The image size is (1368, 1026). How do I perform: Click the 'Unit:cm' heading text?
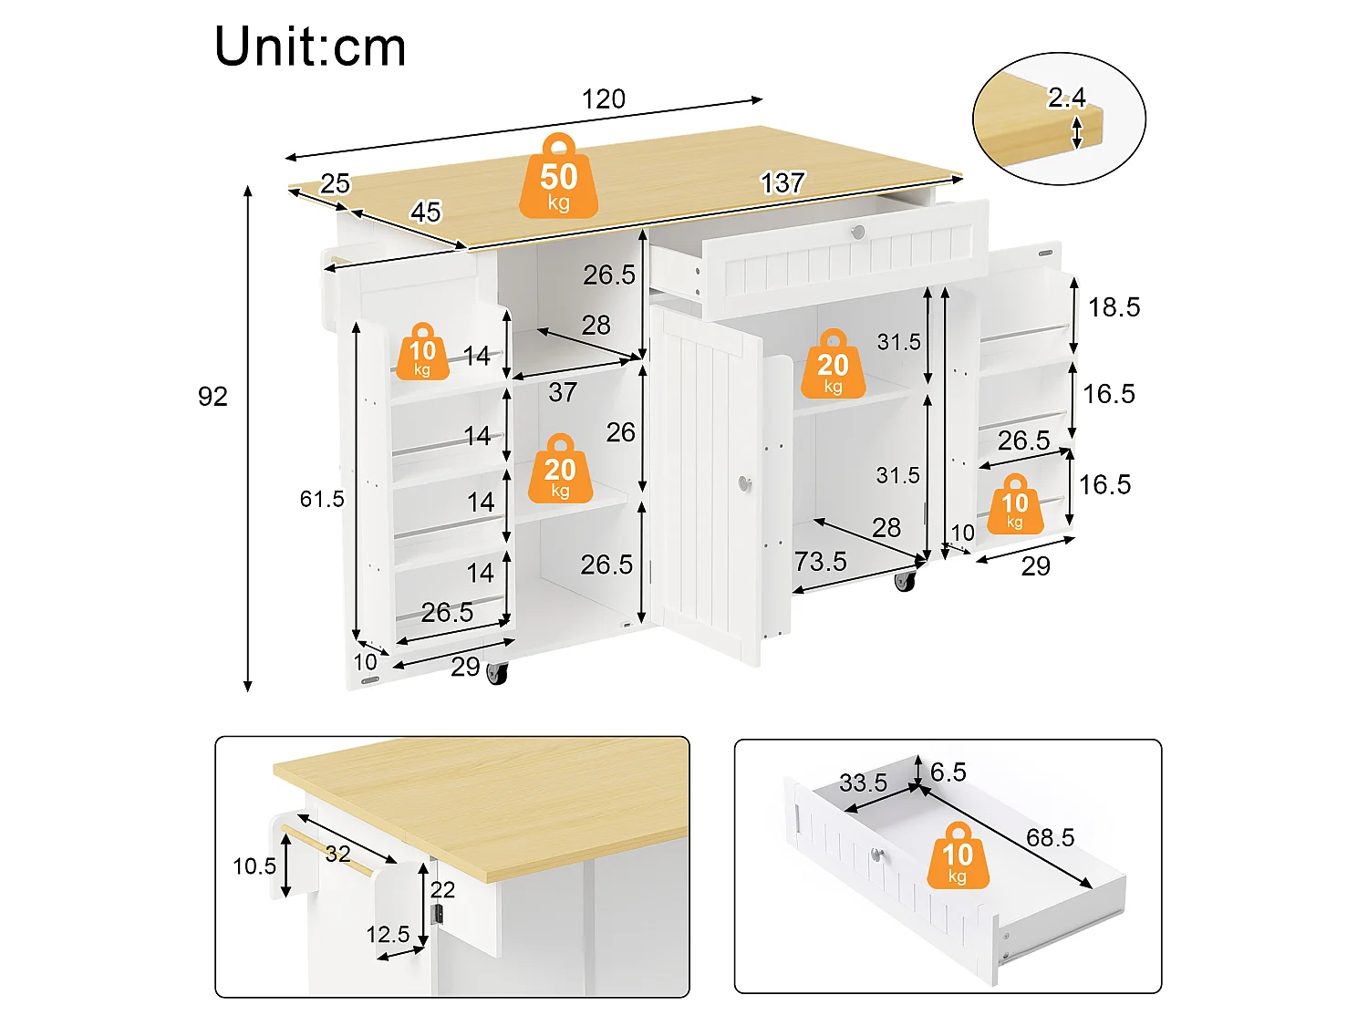(x=310, y=47)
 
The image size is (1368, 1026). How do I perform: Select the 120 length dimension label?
(x=604, y=99)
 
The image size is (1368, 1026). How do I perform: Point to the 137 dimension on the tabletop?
(x=783, y=183)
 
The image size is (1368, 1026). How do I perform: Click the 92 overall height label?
(x=212, y=397)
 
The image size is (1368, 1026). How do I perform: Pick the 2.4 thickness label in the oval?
(x=1066, y=98)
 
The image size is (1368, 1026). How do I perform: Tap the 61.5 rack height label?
(x=322, y=499)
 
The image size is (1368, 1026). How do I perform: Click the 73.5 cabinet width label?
(x=820, y=561)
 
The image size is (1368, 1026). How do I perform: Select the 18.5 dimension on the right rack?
(x=1114, y=307)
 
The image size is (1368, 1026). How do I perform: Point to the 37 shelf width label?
(x=563, y=392)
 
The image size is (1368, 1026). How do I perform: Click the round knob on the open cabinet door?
(x=745, y=482)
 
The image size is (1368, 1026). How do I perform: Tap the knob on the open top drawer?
(x=858, y=233)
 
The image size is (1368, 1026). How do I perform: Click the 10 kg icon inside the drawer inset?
(x=958, y=855)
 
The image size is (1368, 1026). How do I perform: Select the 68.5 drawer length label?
(x=1050, y=838)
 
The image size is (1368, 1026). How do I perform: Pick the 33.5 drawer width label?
(x=863, y=783)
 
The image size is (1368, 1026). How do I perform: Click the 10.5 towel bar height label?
(x=254, y=865)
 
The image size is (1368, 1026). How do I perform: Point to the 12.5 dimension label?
(x=388, y=935)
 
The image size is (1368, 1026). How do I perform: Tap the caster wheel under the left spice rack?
(x=497, y=673)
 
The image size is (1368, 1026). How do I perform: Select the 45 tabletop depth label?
(x=426, y=212)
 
